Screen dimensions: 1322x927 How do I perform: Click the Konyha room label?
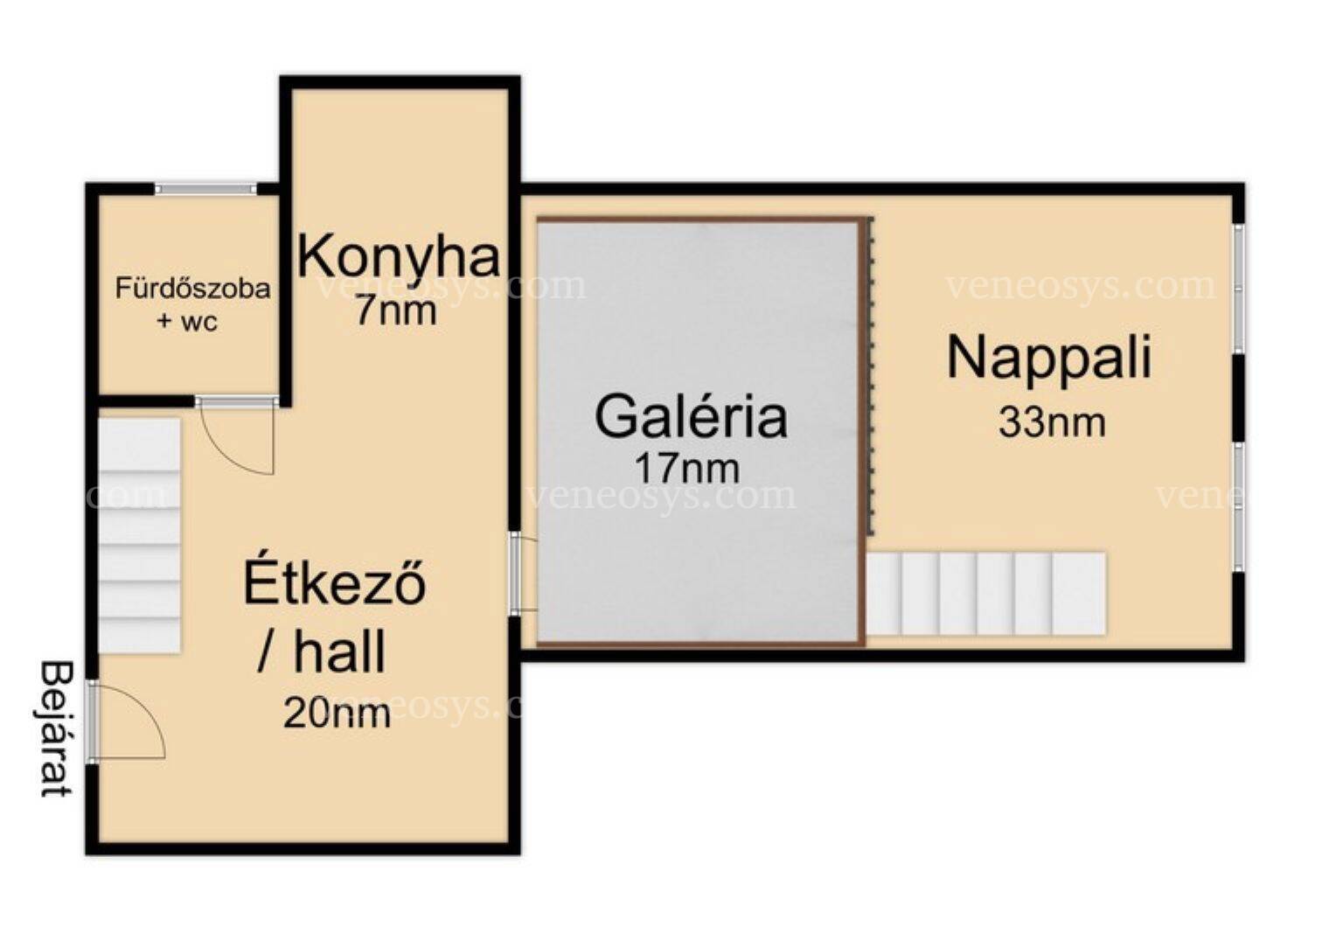(400, 256)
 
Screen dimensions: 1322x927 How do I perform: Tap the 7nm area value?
(395, 310)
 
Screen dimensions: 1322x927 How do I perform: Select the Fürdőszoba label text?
(192, 288)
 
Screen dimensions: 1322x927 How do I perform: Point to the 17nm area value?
(687, 469)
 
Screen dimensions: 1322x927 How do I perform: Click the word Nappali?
(1049, 358)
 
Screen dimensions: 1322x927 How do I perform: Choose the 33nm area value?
(1053, 422)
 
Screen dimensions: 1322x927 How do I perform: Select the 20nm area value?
(337, 714)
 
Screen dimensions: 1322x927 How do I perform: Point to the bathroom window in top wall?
(206, 189)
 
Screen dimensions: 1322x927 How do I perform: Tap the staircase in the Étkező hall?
(139, 535)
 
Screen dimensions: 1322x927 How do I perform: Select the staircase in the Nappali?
(985, 593)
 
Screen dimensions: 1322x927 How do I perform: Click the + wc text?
(187, 322)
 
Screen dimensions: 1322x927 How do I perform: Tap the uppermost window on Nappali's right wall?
(1239, 288)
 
